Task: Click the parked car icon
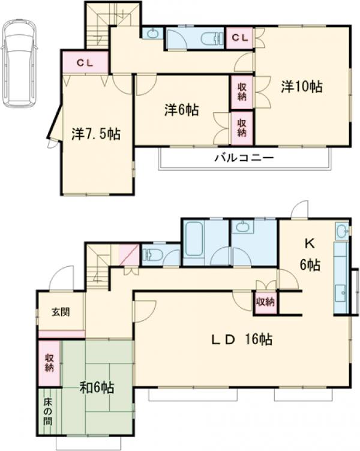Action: pos(19,63)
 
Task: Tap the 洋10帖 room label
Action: pos(302,86)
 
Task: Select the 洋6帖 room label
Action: pos(182,110)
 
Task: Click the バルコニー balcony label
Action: pos(244,159)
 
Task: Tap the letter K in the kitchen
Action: pos(310,244)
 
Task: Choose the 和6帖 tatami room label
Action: pos(97,387)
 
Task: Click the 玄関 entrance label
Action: pos(59,312)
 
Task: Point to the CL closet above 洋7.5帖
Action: pos(85,62)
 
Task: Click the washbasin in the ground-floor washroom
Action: pos(242,227)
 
